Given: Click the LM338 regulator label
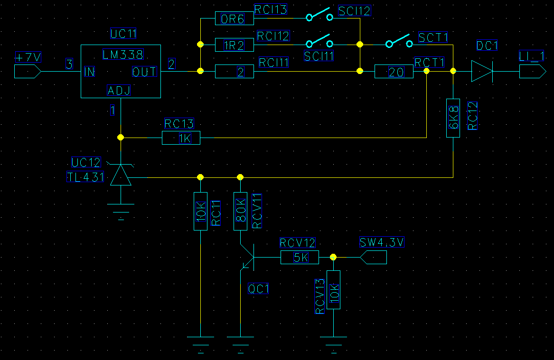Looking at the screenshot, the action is (x=123, y=55).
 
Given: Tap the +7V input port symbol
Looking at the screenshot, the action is (x=28, y=71).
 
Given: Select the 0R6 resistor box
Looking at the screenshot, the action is (x=234, y=18).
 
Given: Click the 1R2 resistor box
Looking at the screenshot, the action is (x=234, y=45).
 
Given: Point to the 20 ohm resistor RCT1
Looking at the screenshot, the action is (x=394, y=72).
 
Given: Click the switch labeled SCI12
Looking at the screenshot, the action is (x=319, y=15).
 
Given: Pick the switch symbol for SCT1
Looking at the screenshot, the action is (x=399, y=41).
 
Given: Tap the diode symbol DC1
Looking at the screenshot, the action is (x=482, y=71).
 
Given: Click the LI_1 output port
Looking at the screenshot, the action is (x=533, y=71).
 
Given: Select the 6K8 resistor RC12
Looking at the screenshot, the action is (x=453, y=118).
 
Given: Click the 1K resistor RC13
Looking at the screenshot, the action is (x=181, y=138).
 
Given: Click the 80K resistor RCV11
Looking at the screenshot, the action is (x=241, y=211).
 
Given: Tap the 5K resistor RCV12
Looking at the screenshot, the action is (x=300, y=257).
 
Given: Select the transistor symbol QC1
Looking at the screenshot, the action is (x=247, y=258).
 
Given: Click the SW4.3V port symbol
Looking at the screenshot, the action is (x=373, y=257).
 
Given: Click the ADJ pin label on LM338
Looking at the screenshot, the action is (x=119, y=90).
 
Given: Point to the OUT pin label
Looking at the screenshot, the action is (x=144, y=72).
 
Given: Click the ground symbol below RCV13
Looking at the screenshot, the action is (x=334, y=345).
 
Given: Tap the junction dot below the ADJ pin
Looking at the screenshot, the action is (x=121, y=137).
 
